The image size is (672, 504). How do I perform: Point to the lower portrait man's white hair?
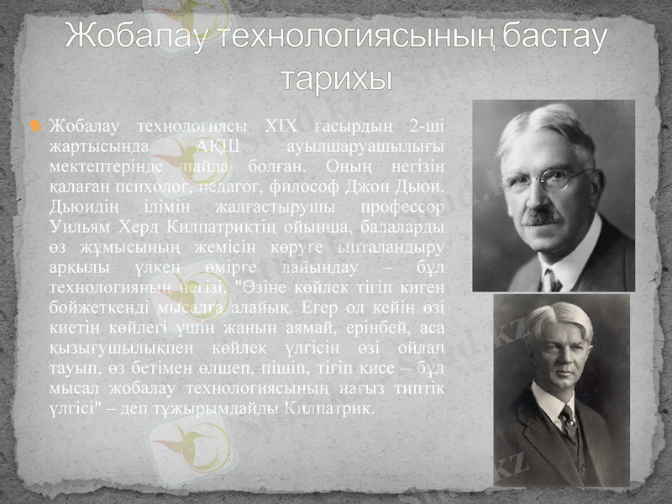tap(561, 317)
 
